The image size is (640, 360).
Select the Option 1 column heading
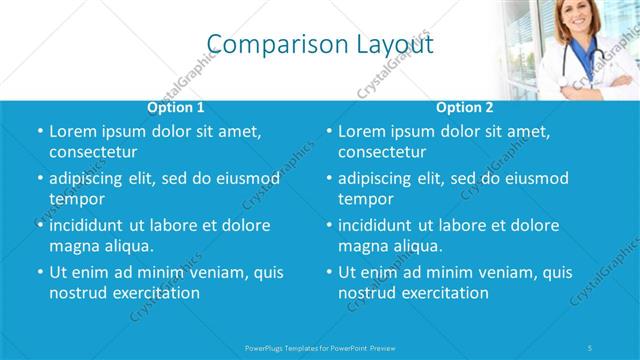tap(176, 107)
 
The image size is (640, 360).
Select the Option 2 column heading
tap(464, 107)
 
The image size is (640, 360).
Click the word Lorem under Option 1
tap(73, 131)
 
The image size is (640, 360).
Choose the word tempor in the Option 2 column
tap(366, 199)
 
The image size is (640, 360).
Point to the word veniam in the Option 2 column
tap(485, 272)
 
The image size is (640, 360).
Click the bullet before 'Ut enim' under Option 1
tap(39, 272)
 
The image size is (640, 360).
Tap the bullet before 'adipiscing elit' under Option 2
tap(328, 178)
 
